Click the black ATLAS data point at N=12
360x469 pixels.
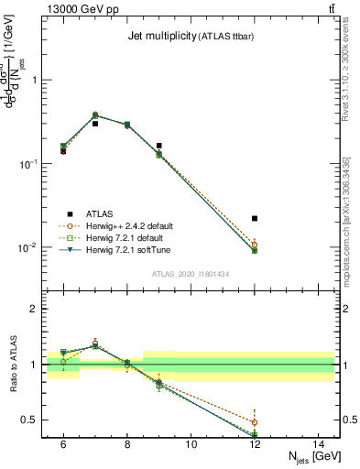[x=255, y=218]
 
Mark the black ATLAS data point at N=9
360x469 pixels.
[x=158, y=145]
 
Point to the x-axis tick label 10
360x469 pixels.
[x=191, y=444]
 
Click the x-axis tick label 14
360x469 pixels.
[x=319, y=444]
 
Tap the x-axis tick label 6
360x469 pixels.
[x=62, y=444]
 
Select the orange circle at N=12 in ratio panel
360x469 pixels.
[x=255, y=422]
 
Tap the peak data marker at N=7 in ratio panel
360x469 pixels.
[x=94, y=345]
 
